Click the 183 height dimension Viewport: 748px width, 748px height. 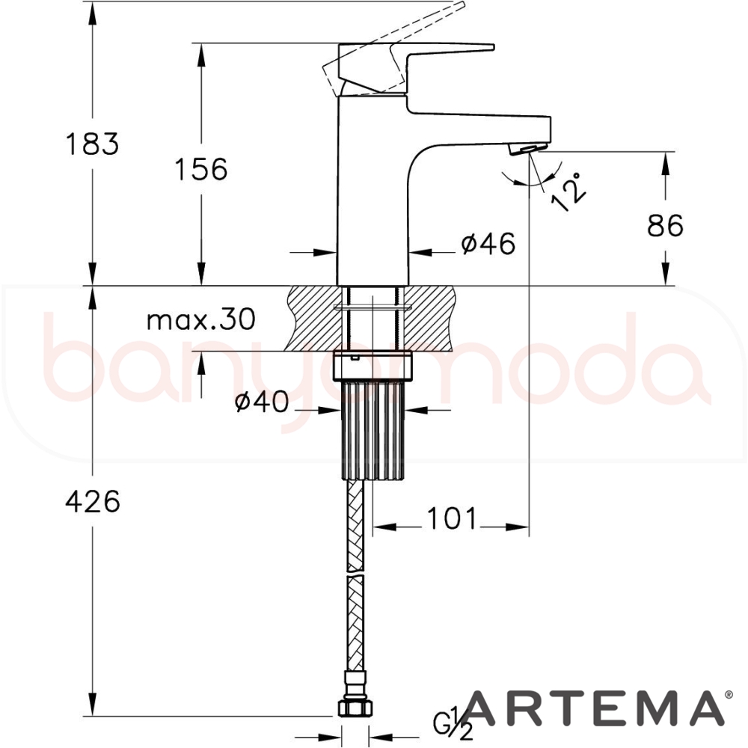click(92, 144)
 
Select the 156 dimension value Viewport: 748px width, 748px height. click(201, 169)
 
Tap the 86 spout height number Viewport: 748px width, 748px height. click(665, 225)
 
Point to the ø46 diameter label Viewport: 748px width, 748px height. click(488, 244)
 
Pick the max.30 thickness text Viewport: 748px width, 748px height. click(200, 319)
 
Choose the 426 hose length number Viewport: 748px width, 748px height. click(93, 501)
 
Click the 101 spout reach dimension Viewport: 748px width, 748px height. click(451, 518)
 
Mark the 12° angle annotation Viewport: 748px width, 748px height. click(568, 191)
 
